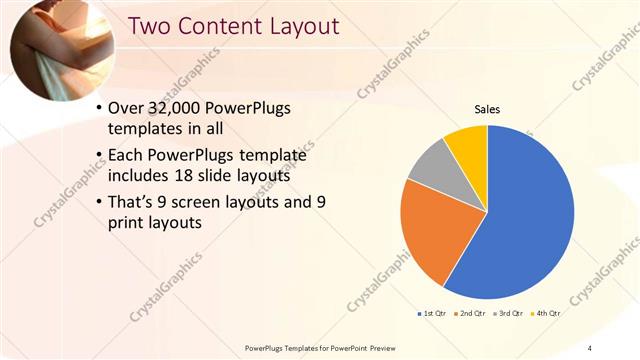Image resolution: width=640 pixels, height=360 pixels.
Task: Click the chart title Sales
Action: [x=487, y=110]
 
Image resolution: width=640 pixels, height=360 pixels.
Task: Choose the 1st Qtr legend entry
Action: [x=431, y=314]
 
